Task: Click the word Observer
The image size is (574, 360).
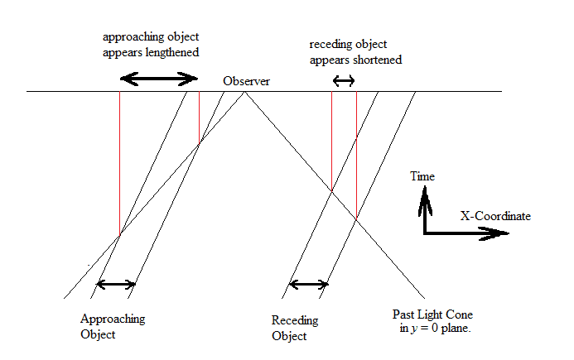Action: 246,82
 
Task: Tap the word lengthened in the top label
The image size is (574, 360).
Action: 172,52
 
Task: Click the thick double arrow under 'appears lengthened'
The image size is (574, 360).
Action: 159,79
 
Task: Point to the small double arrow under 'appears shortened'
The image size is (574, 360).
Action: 343,80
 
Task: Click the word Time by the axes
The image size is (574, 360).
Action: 422,176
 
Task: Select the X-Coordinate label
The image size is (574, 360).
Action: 495,216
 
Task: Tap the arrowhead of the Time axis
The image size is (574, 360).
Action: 424,195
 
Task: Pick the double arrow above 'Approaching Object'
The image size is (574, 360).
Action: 115,284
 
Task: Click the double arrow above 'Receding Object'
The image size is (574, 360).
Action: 307,286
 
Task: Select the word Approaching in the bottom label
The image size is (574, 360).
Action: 112,319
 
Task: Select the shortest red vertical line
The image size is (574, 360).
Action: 199,118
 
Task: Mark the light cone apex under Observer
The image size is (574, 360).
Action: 245,92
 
